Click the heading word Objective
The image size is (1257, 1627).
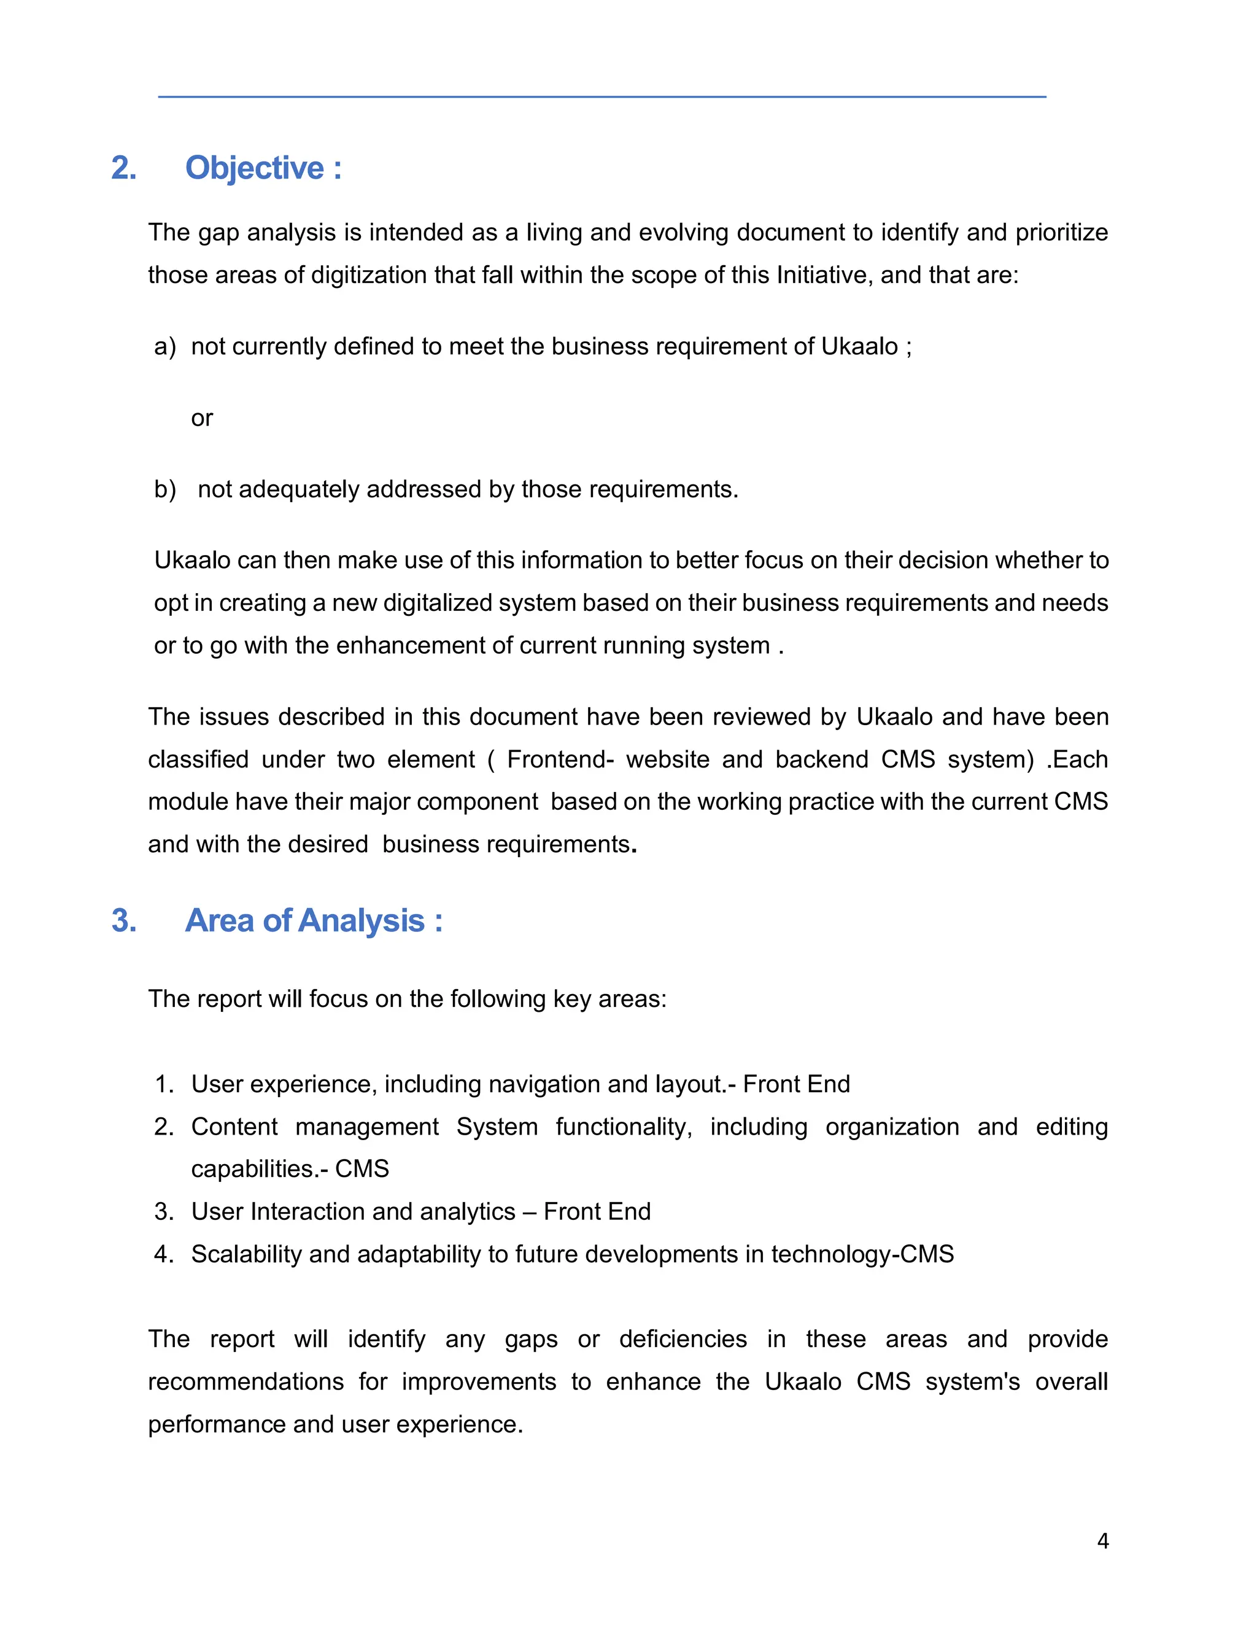[255, 168]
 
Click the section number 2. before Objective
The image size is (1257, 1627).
[123, 168]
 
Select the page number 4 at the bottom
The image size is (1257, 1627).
[1103, 1540]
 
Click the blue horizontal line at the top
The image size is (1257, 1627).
[601, 97]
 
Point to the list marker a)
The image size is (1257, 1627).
[164, 346]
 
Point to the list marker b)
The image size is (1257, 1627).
[164, 489]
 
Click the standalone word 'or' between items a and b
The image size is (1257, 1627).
[202, 418]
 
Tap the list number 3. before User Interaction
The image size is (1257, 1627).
[164, 1211]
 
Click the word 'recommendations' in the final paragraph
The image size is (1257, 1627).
[245, 1381]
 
